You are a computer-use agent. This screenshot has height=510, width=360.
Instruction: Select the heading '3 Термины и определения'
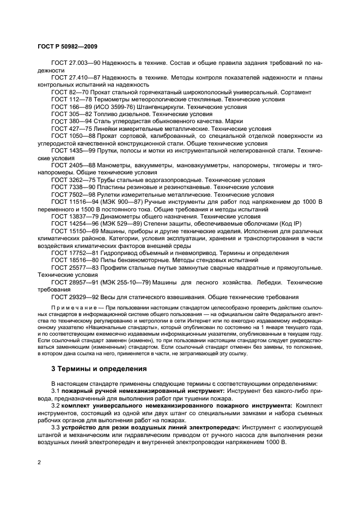[x=98, y=369]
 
